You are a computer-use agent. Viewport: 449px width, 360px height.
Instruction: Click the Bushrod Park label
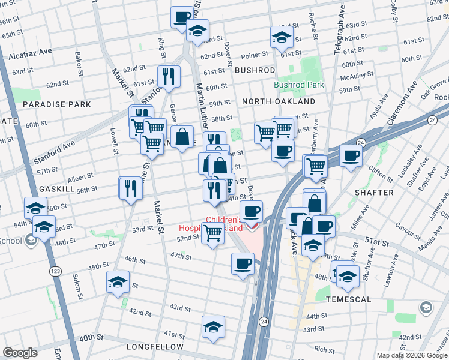click(x=298, y=85)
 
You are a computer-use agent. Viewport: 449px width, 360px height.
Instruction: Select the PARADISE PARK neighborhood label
click(x=57, y=104)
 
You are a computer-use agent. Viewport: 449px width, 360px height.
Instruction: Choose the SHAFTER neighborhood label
click(x=374, y=193)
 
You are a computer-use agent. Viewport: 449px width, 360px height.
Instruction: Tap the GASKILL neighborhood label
click(x=56, y=189)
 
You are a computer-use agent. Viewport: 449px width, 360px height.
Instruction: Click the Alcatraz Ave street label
click(x=29, y=56)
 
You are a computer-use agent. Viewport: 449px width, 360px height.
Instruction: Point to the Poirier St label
click(x=255, y=56)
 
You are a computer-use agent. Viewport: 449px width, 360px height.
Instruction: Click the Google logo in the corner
click(x=20, y=352)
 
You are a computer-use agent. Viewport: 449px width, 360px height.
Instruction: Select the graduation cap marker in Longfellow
click(x=213, y=327)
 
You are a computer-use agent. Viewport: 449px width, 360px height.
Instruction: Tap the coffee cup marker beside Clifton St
click(x=351, y=156)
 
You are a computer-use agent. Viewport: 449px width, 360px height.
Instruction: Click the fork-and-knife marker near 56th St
click(x=130, y=188)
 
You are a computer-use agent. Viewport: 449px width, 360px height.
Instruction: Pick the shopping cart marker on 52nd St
click(x=212, y=233)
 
